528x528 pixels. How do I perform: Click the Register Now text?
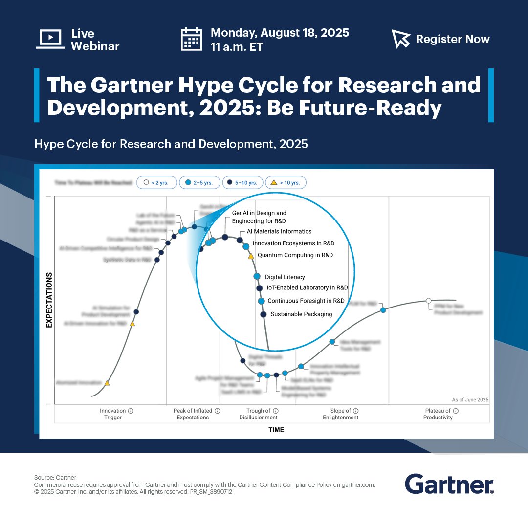tap(453, 39)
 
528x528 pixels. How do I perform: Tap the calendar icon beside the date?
tap(191, 39)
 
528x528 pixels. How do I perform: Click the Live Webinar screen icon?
tap(50, 39)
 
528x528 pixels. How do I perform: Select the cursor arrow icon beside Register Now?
tap(401, 39)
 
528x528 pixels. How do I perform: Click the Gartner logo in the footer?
tap(449, 484)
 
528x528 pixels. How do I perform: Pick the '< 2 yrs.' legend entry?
tap(156, 183)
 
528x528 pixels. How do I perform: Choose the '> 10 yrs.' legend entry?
tap(286, 183)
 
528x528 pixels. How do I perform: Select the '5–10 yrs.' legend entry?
tap(242, 183)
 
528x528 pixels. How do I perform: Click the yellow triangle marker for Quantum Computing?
tap(251, 256)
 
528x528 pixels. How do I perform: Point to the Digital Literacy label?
tap(285, 277)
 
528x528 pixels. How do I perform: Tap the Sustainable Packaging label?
tap(301, 314)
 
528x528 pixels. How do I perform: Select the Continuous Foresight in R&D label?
tap(306, 301)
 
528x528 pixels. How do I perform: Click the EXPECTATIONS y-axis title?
tap(49, 300)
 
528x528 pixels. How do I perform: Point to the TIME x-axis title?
tap(276, 430)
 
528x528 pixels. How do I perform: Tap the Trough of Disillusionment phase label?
tap(259, 414)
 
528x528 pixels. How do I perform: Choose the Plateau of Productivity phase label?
tap(438, 414)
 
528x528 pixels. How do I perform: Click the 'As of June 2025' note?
tap(470, 400)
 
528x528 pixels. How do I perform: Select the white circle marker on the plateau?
tap(429, 300)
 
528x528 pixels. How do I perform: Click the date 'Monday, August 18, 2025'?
tap(280, 33)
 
